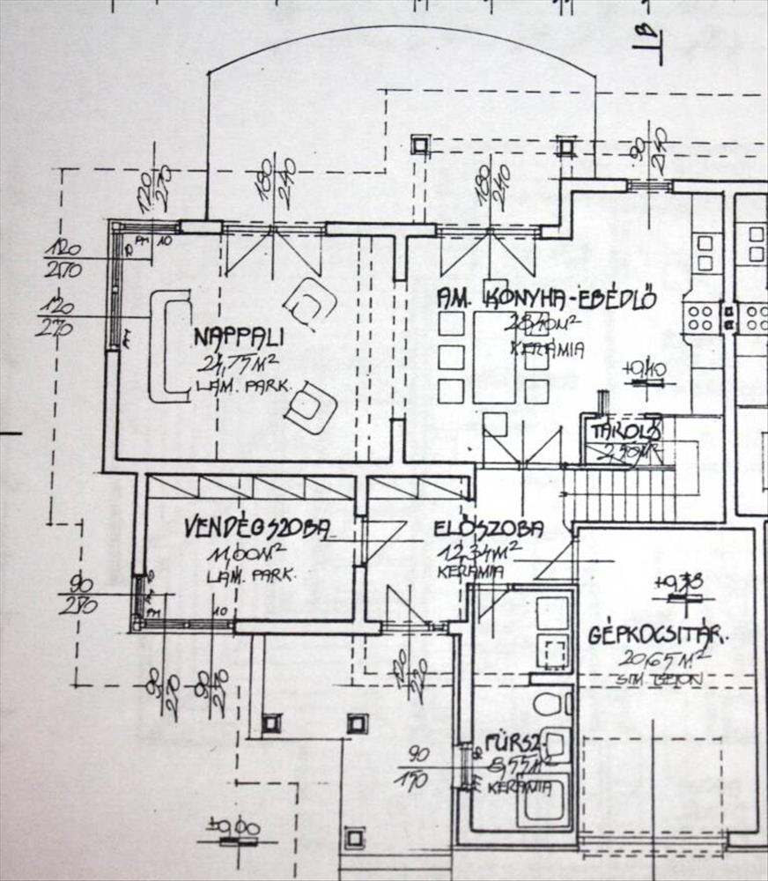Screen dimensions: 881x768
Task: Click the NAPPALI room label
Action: click(239, 337)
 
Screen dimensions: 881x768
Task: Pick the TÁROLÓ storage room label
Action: click(625, 432)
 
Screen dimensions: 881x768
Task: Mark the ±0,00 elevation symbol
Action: click(233, 828)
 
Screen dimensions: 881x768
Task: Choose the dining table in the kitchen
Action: click(494, 357)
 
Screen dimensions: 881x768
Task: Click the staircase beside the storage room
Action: click(618, 494)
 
